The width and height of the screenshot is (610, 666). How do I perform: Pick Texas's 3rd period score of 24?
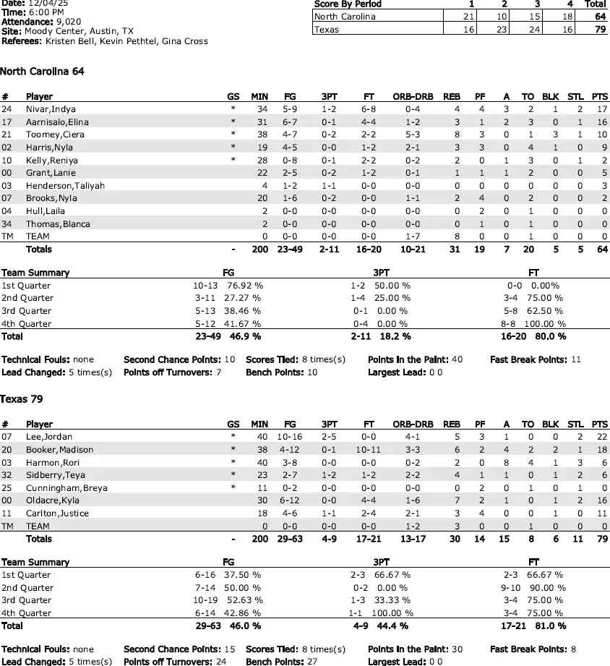pos(535,30)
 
